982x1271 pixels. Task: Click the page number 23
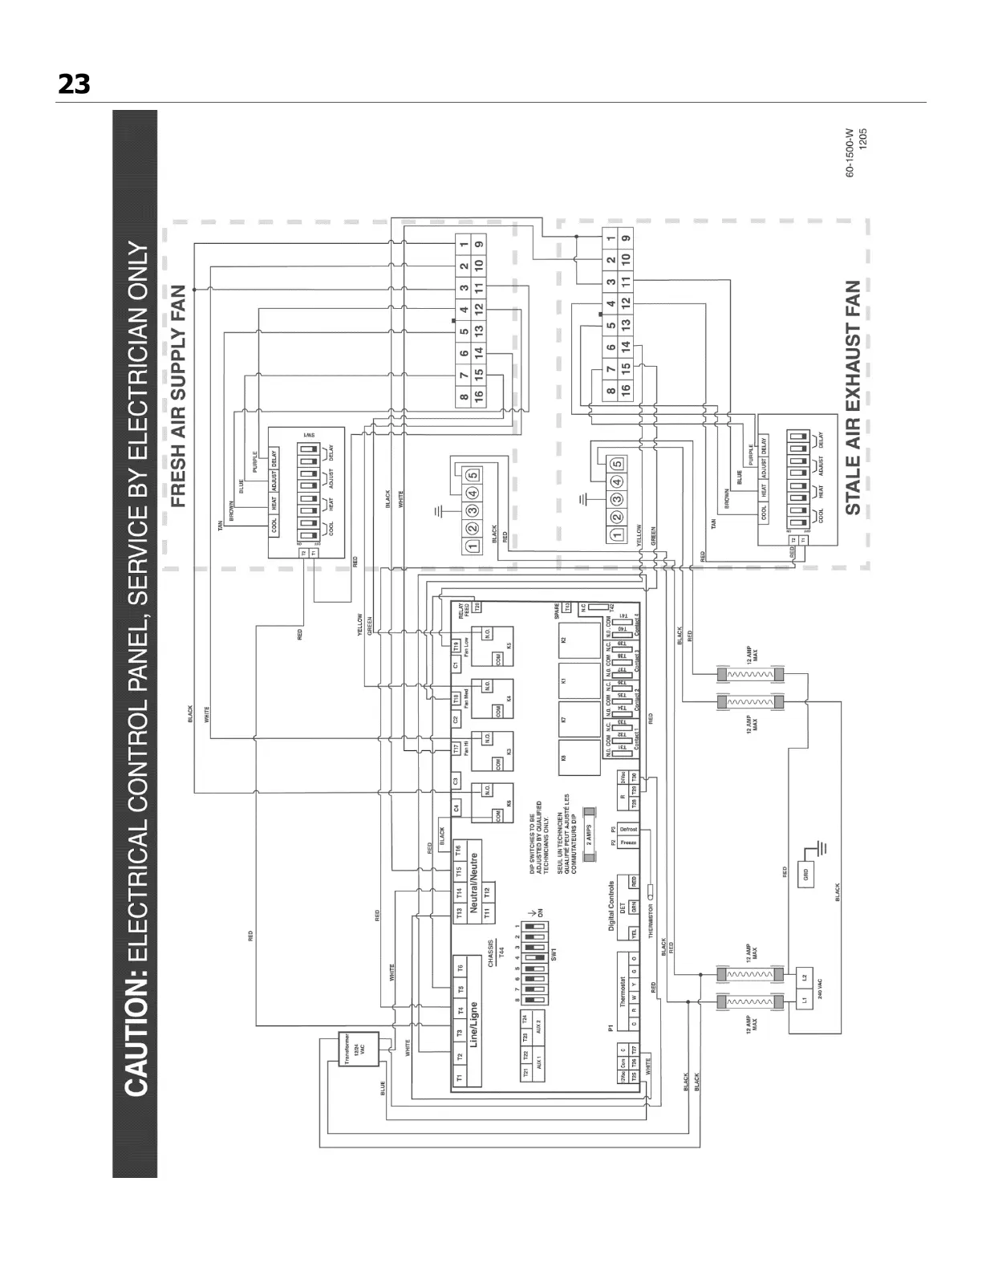(74, 83)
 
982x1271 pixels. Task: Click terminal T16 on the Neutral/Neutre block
(458, 849)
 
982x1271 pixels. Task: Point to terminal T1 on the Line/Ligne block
(459, 1078)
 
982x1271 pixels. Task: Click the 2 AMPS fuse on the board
(589, 832)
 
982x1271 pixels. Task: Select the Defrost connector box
(628, 829)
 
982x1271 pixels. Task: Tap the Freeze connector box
(628, 843)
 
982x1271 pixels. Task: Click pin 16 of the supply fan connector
(478, 395)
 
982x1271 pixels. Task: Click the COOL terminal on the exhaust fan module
(764, 512)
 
